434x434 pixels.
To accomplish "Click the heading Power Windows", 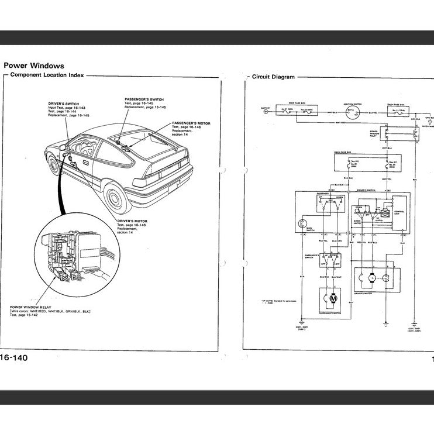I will click(34, 66).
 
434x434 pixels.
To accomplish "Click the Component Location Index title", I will click(47, 75).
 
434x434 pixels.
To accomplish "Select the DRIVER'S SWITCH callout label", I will click(64, 104).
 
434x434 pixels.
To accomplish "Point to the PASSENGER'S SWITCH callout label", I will click(144, 99).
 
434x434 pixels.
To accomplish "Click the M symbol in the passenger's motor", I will click(334, 299).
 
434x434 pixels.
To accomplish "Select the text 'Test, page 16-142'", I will click(26, 315).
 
